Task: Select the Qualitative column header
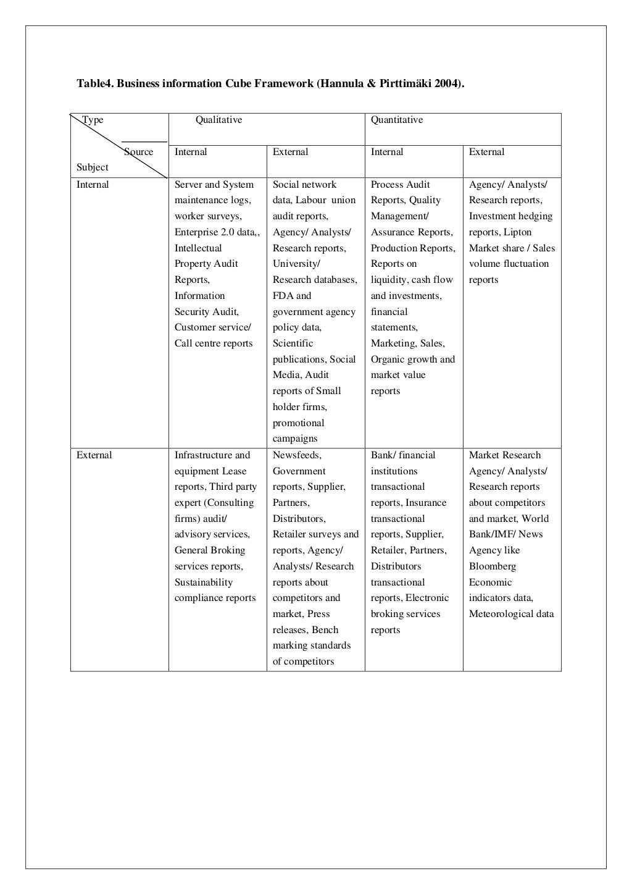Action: click(218, 120)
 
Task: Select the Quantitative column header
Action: click(397, 120)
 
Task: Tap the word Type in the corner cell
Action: click(93, 120)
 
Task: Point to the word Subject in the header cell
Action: click(93, 167)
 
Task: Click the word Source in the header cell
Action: click(139, 152)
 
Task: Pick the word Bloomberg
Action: click(493, 566)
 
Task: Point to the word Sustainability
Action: click(204, 582)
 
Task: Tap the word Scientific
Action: click(293, 343)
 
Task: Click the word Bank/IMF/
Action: click(492, 534)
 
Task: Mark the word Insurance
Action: click(426, 503)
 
